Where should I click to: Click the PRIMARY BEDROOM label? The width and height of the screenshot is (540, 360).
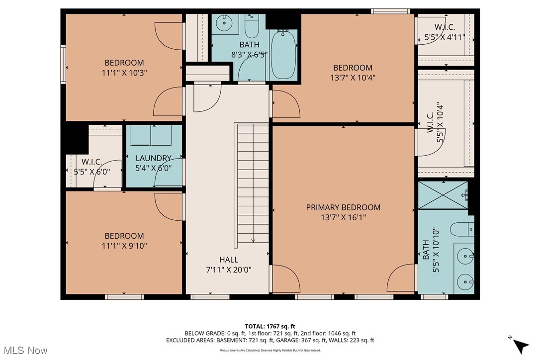(343, 207)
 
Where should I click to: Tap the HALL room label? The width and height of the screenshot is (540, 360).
(229, 260)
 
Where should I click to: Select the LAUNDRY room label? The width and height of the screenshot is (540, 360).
(154, 158)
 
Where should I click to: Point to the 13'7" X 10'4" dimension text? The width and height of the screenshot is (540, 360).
(353, 78)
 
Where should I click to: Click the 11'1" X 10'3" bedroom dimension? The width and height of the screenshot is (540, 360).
(124, 73)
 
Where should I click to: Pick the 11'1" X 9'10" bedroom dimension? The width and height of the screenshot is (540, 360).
(124, 246)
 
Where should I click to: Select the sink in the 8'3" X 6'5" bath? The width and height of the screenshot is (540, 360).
(225, 22)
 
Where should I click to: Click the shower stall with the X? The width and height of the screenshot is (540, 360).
(443, 195)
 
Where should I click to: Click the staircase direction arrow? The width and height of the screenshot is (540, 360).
(253, 240)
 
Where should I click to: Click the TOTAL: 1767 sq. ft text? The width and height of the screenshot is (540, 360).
(270, 326)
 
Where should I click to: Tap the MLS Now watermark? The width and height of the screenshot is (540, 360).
(24, 351)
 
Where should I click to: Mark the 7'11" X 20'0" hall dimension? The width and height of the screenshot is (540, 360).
(229, 270)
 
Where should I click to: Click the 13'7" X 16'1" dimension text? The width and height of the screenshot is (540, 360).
(343, 217)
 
